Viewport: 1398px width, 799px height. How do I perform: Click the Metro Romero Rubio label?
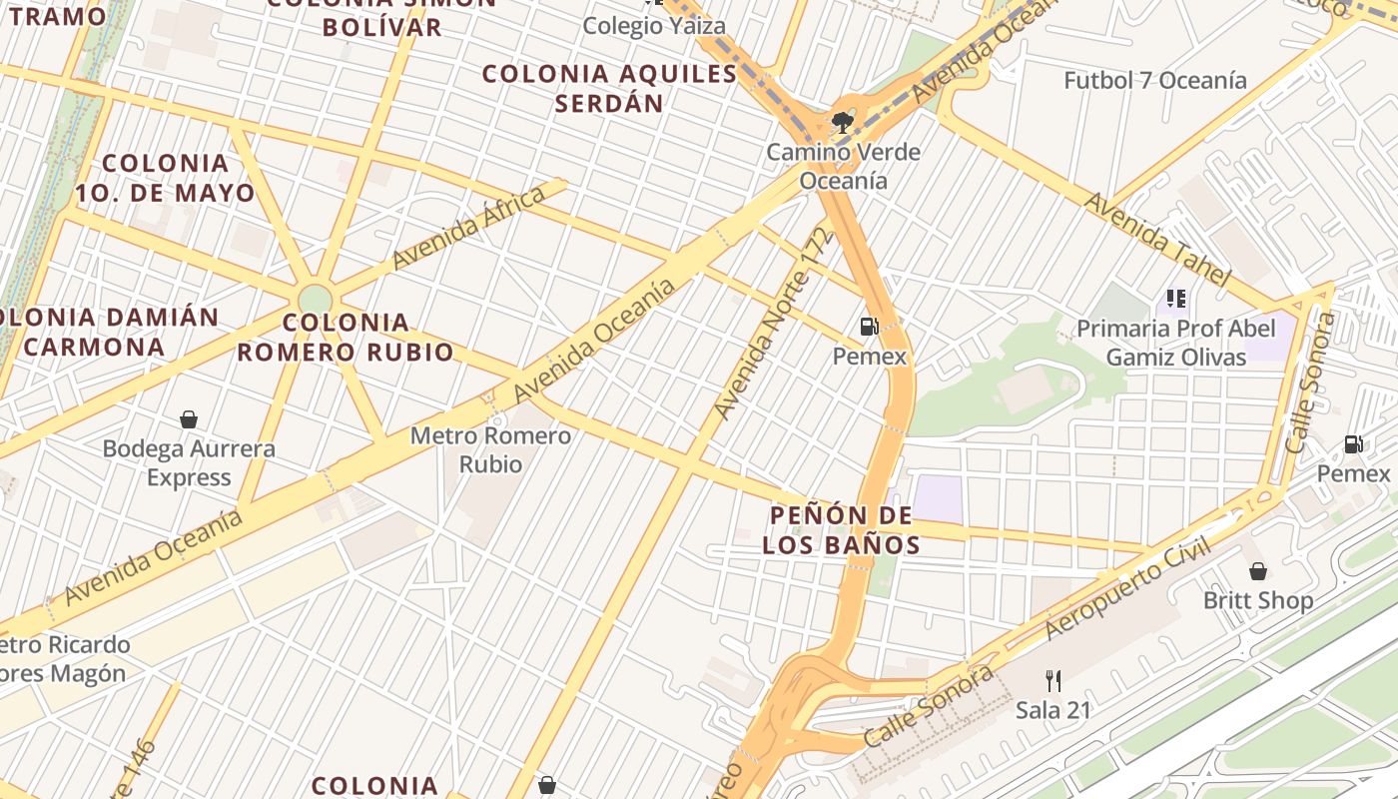pyautogui.click(x=490, y=449)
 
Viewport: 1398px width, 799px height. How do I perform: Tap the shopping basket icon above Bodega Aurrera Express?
pyautogui.click(x=189, y=419)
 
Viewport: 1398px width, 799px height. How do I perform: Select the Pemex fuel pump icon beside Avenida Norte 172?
pyautogui.click(x=869, y=326)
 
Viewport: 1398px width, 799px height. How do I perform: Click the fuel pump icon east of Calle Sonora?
pyautogui.click(x=1354, y=444)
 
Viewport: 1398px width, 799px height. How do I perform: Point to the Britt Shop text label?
pyautogui.click(x=1257, y=600)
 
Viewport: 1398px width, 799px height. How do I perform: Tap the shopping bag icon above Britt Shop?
pyautogui.click(x=1258, y=571)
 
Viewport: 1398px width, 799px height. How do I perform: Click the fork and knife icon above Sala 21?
pyautogui.click(x=1052, y=681)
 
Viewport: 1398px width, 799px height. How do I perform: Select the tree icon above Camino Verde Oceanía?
pyautogui.click(x=843, y=123)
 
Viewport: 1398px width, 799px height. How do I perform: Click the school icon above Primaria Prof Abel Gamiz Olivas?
pyautogui.click(x=1176, y=299)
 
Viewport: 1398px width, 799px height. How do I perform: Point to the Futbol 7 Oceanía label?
pyautogui.click(x=1154, y=80)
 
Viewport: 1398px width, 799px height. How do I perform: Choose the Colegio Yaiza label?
pyautogui.click(x=654, y=25)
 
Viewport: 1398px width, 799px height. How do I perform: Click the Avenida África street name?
pyautogui.click(x=468, y=227)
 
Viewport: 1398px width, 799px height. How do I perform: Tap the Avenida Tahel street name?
pyautogui.click(x=1155, y=238)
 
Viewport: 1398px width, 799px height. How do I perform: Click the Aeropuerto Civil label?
pyautogui.click(x=1127, y=588)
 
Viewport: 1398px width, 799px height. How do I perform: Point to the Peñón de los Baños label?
pyautogui.click(x=841, y=529)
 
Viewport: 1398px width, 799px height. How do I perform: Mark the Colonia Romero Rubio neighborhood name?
pyautogui.click(x=345, y=337)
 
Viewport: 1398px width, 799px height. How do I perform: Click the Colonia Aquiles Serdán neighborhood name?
pyautogui.click(x=609, y=88)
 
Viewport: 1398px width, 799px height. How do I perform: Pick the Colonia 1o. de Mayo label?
pyautogui.click(x=179, y=178)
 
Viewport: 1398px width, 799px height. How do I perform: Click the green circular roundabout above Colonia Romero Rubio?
pyautogui.click(x=315, y=299)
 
